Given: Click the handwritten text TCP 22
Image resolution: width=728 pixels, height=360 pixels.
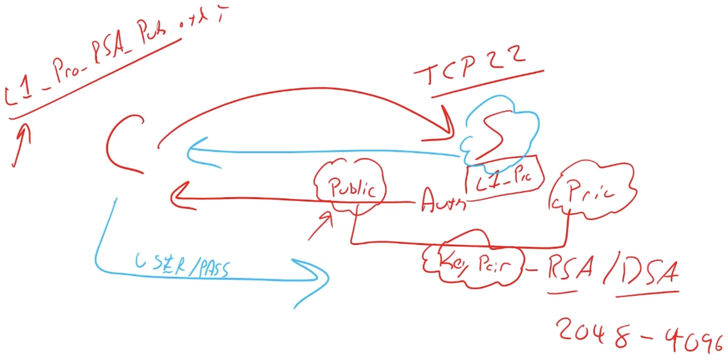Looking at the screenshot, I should (469, 68).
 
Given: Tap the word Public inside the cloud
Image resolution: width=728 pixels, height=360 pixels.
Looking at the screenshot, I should (352, 188).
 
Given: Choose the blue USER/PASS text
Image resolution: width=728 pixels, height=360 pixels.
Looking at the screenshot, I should (182, 266).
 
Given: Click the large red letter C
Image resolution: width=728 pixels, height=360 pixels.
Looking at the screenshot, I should (121, 144).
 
